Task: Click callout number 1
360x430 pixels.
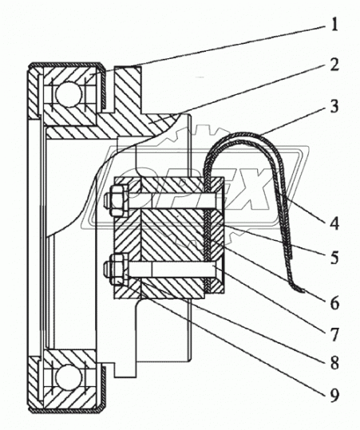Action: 334,25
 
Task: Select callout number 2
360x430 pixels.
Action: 334,65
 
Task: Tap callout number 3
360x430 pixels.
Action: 334,106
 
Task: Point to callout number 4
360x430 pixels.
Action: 334,223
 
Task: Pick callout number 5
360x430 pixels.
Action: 334,258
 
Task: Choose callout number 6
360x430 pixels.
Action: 334,303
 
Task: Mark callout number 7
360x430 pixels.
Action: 334,335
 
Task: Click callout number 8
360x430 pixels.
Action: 334,363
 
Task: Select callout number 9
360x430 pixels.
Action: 334,395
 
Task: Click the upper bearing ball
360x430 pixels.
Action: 69,94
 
